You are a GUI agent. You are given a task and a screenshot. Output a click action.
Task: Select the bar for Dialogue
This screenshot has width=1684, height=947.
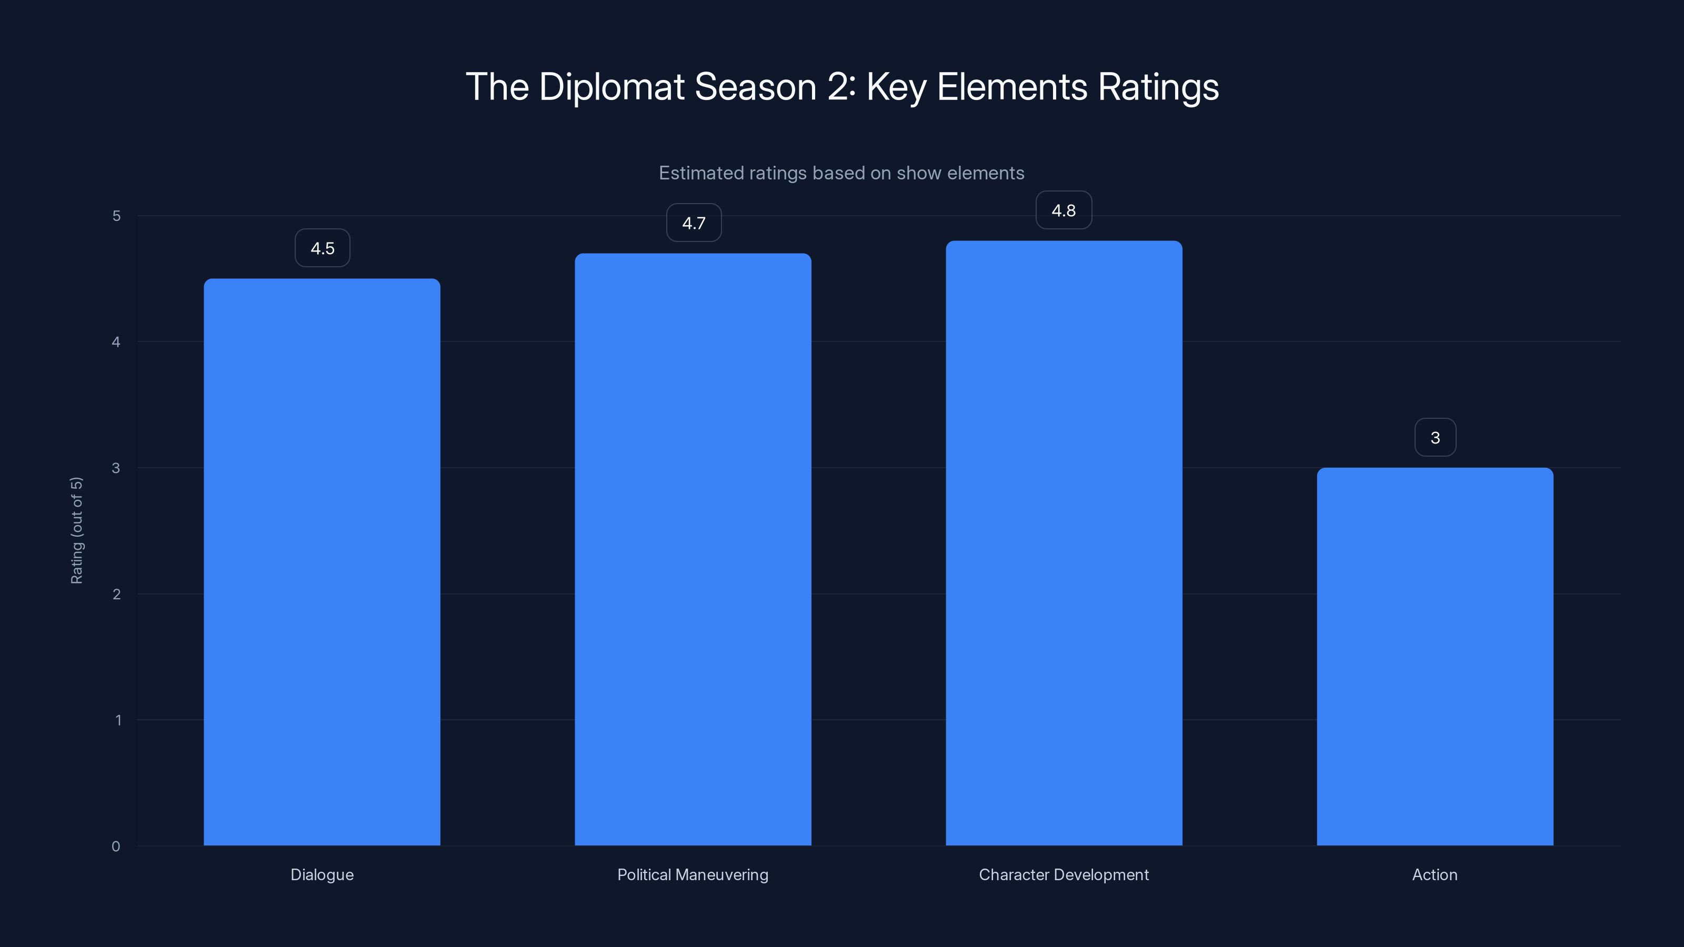[322, 562]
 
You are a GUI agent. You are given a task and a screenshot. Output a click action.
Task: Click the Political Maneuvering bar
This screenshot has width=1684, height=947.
[693, 549]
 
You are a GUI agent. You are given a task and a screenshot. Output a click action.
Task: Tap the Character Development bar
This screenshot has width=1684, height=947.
[1064, 542]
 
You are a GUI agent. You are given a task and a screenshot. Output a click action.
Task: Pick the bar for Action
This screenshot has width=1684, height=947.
[1435, 656]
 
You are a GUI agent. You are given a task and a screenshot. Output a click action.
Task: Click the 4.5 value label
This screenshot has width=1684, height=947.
[322, 248]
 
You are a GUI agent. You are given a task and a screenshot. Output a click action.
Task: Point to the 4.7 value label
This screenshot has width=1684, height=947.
[694, 223]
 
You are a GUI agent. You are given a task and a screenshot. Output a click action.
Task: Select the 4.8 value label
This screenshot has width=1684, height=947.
[1064, 210]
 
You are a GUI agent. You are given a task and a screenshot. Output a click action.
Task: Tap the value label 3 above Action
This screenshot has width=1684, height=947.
[1435, 438]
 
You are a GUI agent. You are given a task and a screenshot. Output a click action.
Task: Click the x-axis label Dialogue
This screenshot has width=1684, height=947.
[322, 874]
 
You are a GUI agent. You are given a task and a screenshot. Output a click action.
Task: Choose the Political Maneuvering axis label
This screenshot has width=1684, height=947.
[693, 874]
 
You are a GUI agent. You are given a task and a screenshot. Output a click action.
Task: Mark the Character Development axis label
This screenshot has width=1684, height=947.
[1064, 874]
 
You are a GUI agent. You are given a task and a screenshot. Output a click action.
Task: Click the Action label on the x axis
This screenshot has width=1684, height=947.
[1435, 874]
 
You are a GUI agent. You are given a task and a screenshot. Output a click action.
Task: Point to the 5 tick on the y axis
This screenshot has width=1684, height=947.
[116, 216]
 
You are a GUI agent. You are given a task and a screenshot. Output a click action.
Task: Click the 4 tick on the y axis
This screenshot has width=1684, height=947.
[116, 342]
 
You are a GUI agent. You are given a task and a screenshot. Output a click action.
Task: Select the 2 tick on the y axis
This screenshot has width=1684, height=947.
[116, 594]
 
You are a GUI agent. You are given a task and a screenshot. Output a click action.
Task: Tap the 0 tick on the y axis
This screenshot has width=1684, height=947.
[116, 847]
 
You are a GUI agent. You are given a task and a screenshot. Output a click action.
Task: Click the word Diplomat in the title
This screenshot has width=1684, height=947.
[611, 87]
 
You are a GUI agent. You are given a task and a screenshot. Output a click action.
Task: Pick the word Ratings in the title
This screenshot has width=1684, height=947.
[1158, 87]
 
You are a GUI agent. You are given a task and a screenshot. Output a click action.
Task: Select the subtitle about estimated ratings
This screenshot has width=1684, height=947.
[841, 173]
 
